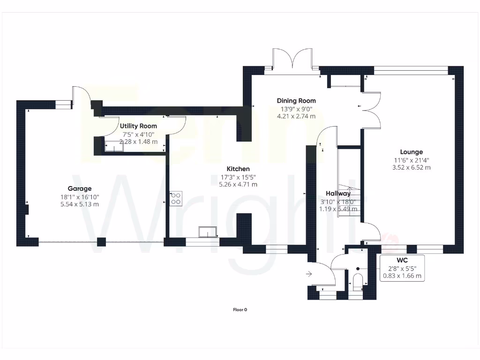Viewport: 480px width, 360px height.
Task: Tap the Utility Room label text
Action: tap(138, 126)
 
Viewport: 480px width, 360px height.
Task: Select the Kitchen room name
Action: tap(238, 169)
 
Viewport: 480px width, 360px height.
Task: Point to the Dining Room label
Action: tap(296, 101)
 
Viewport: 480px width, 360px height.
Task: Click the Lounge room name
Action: tap(411, 152)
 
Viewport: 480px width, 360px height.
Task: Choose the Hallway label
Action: tap(338, 194)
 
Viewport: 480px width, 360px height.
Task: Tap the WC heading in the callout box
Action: tap(402, 260)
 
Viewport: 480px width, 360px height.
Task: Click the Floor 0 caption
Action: tap(240, 309)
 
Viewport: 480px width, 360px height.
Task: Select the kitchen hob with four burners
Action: tap(176, 198)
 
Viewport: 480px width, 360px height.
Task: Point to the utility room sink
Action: tap(113, 147)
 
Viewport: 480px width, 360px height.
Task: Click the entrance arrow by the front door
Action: tap(309, 274)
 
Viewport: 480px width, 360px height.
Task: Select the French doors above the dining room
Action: tap(292, 59)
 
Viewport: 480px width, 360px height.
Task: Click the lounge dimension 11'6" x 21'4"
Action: tap(411, 160)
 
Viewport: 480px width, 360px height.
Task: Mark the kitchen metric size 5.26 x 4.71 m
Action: tap(238, 184)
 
